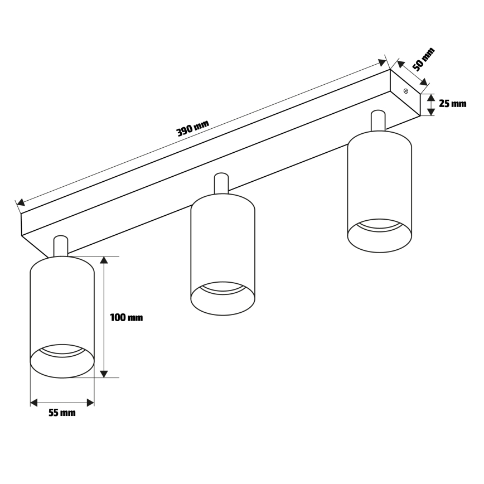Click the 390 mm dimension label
pyautogui.click(x=192, y=129)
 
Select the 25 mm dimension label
pyautogui.click(x=452, y=104)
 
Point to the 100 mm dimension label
pyautogui.click(x=126, y=318)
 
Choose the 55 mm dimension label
pyautogui.click(x=62, y=413)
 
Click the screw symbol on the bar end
pyautogui.click(x=406, y=90)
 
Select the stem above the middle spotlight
pyautogui.click(x=221, y=183)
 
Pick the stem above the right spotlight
pyautogui.click(x=378, y=120)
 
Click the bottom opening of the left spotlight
pyautogui.click(x=62, y=361)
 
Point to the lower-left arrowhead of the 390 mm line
pyautogui.click(x=20, y=203)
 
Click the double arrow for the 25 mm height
pyautogui.click(x=430, y=104)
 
